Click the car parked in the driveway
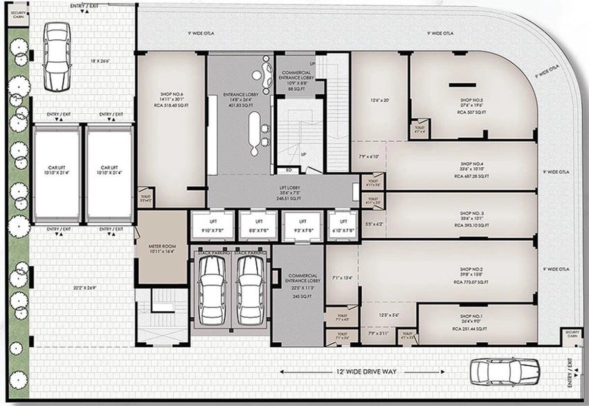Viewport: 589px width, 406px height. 499,372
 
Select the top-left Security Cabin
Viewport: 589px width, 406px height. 18,14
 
